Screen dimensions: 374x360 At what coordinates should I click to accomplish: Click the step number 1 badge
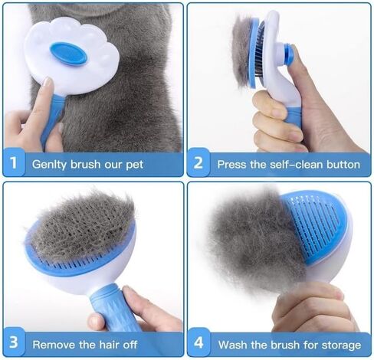point(14,162)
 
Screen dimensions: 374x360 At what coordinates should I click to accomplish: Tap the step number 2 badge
point(198,162)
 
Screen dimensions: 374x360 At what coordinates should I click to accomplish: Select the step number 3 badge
point(14,342)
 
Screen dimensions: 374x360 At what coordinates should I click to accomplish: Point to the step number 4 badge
point(198,342)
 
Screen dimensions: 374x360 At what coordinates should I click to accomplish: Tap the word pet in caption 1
point(134,165)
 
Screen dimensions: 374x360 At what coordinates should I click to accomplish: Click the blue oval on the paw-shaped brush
point(69,54)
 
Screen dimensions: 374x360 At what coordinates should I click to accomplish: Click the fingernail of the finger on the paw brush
point(48,82)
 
